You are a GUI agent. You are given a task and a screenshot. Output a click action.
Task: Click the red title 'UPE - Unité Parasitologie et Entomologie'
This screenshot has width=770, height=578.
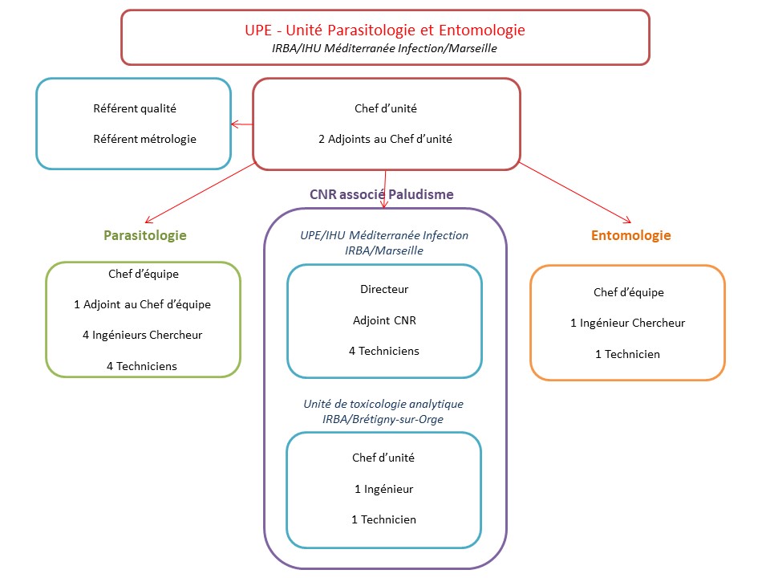coord(385,30)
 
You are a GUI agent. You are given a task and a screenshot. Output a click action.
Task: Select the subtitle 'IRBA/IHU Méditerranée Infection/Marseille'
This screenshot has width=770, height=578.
coord(385,48)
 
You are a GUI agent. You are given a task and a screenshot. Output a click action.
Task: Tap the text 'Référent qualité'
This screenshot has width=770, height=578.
coord(135,108)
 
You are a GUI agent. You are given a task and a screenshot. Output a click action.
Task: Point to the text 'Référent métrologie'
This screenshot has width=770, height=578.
coord(144,139)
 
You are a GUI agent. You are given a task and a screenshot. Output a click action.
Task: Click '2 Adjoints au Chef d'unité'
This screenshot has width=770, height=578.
coord(385,139)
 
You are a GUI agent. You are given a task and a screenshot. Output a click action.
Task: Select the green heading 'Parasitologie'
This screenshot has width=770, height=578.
coord(145,235)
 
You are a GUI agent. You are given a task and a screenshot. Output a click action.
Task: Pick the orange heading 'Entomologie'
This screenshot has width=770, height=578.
coord(630,235)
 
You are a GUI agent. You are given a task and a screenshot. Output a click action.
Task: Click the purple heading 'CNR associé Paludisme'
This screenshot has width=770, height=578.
coord(382,194)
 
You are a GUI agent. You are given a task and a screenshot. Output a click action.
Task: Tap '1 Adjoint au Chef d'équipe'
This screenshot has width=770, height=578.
coord(143,304)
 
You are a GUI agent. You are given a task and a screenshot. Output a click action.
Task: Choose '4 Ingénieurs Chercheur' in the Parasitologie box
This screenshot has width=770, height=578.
coord(143,335)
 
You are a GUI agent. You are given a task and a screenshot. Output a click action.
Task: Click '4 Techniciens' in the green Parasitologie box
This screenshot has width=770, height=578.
coord(142,366)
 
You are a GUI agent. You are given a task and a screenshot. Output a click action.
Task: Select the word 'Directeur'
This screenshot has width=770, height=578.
coord(384,289)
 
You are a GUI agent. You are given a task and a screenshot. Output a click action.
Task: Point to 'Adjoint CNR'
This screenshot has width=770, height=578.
coord(384,320)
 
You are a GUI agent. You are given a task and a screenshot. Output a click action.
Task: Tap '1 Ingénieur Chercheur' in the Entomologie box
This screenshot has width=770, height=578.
coord(628,323)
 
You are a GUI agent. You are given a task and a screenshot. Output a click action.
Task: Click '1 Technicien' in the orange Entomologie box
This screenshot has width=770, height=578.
coord(628,353)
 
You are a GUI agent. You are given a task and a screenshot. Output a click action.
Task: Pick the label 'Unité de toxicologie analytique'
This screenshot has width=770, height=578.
coord(383,403)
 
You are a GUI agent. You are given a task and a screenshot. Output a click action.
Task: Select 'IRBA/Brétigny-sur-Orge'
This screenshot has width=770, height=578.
coord(383,418)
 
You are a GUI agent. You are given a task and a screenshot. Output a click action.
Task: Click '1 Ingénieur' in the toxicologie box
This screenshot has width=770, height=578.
coord(383,488)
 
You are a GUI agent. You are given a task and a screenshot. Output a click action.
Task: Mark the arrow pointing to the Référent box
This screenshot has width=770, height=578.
coord(241,124)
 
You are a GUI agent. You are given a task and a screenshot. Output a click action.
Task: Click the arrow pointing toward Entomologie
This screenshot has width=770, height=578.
coord(574,193)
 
